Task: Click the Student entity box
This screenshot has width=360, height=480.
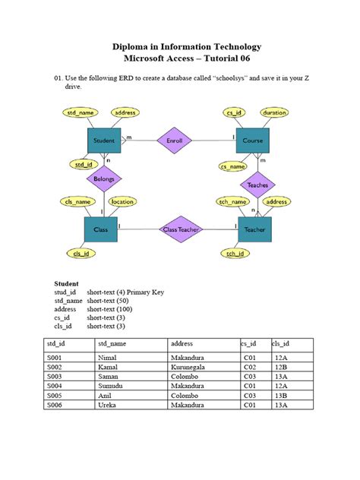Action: point(104,141)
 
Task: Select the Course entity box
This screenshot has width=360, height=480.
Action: point(253,141)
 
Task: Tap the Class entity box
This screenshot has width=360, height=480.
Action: point(101,229)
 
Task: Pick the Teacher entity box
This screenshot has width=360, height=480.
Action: point(254,229)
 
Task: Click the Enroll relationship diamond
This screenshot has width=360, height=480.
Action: point(175,141)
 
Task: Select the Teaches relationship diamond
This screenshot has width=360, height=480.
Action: point(258,185)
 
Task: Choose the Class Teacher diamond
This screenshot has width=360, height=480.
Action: point(180,229)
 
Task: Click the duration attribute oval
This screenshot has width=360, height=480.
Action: point(274,112)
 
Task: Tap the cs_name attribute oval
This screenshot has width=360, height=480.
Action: point(233,166)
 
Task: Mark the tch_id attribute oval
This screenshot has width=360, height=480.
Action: point(235,253)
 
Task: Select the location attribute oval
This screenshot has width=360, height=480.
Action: point(123,202)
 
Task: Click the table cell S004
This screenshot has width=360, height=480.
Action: point(56,385)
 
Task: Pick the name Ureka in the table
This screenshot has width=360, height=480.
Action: point(106,405)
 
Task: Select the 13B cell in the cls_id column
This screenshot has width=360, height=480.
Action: point(281,395)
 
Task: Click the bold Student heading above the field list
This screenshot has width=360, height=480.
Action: point(67,283)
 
